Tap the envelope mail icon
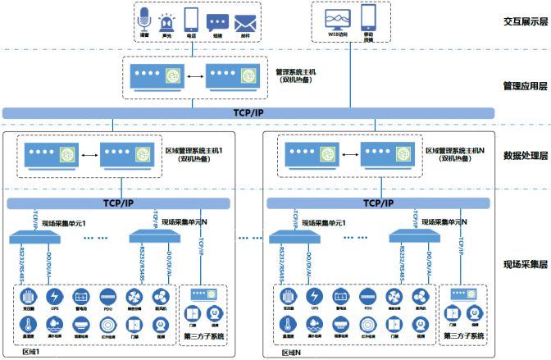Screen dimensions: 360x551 [243, 22]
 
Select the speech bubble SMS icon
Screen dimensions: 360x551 [218, 22]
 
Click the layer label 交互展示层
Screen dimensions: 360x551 [525, 22]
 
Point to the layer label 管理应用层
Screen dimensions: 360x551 [525, 85]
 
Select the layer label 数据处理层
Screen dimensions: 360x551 [525, 156]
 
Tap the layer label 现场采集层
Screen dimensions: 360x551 [525, 265]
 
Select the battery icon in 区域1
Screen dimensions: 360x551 [81, 296]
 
